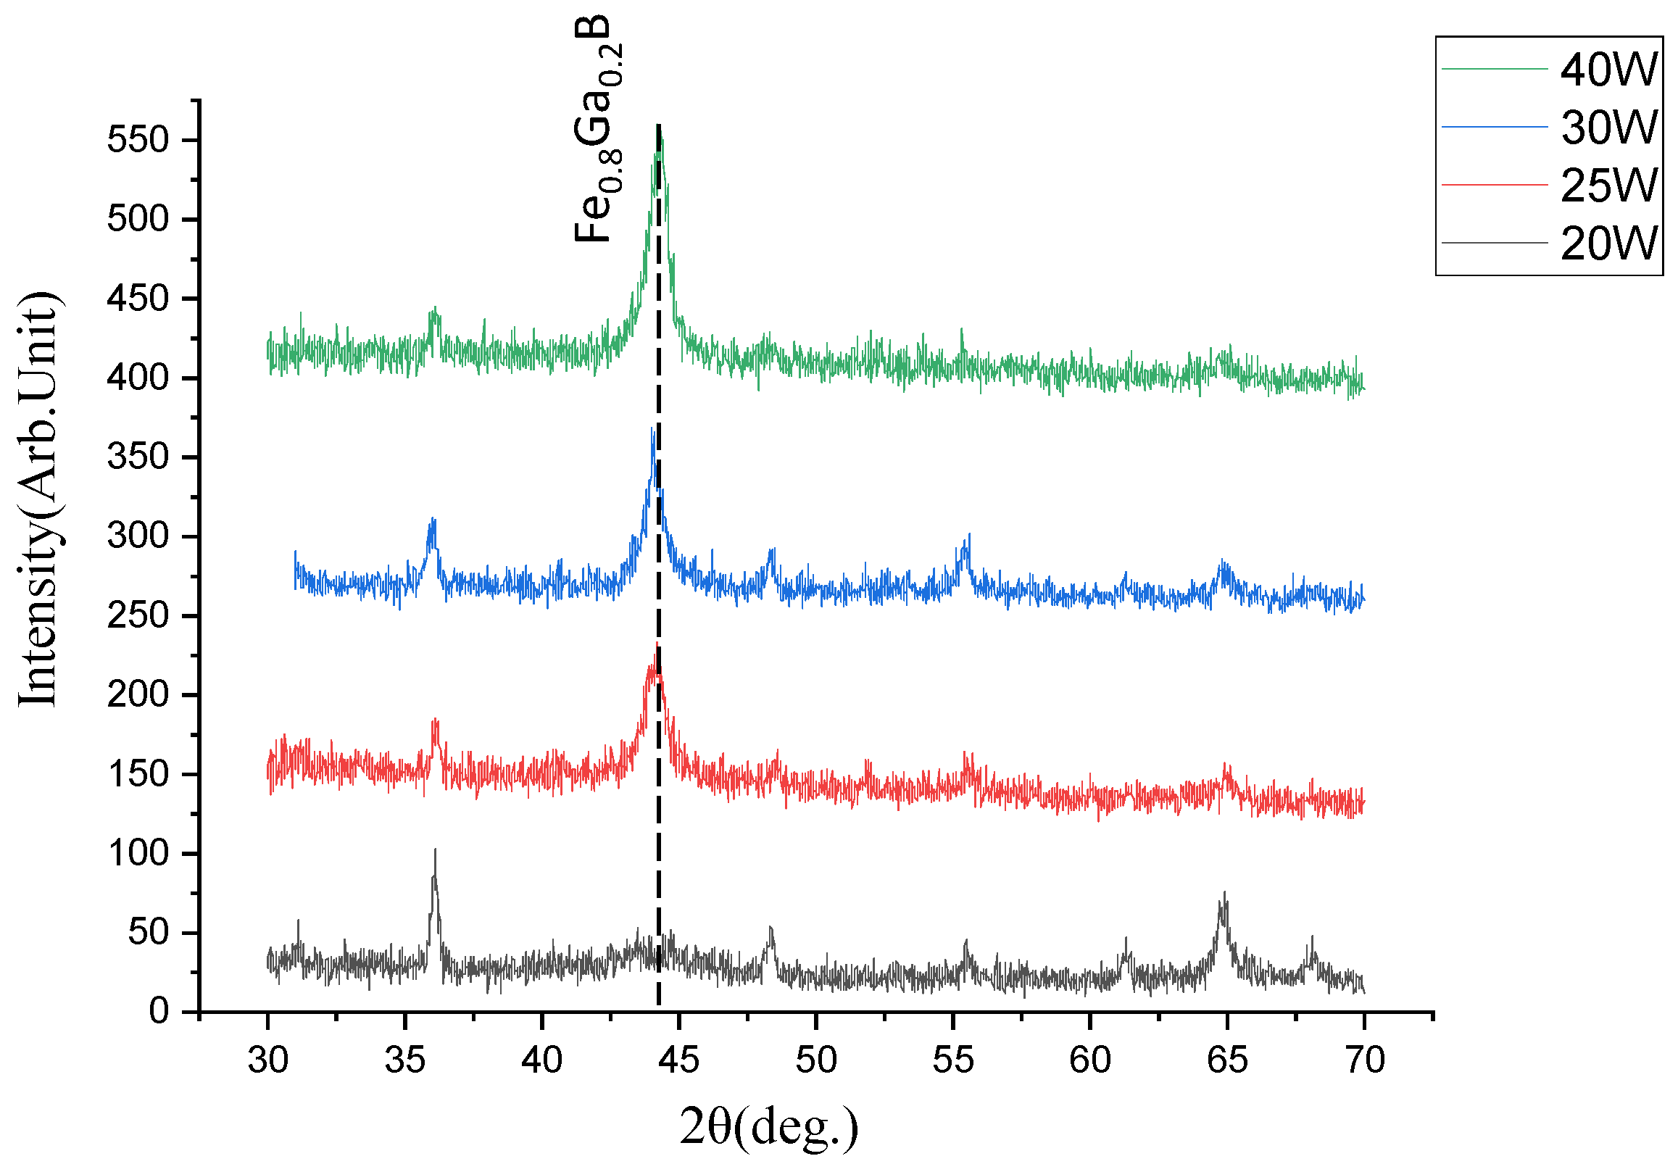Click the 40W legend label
coord(1608,70)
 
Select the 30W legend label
coord(1608,127)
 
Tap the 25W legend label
coord(1608,186)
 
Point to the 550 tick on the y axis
coord(138,139)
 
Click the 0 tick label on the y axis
coord(159,1012)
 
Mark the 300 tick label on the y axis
coord(138,536)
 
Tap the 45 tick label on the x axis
coord(678,1060)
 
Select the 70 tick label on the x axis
coord(1363,1060)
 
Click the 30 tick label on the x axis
coord(267,1060)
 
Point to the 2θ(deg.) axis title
coord(769,1126)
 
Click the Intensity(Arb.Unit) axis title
coord(38,499)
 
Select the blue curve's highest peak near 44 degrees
coord(652,431)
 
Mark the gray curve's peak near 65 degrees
coord(1224,894)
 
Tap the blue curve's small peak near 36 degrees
coord(433,520)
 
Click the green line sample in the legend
coord(1494,70)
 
